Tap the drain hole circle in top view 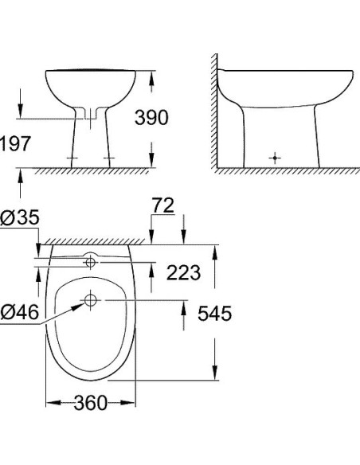pyautogui.click(x=90, y=301)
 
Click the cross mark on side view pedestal pyautogui.click(x=275, y=157)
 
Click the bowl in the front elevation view pyautogui.click(x=92, y=89)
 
